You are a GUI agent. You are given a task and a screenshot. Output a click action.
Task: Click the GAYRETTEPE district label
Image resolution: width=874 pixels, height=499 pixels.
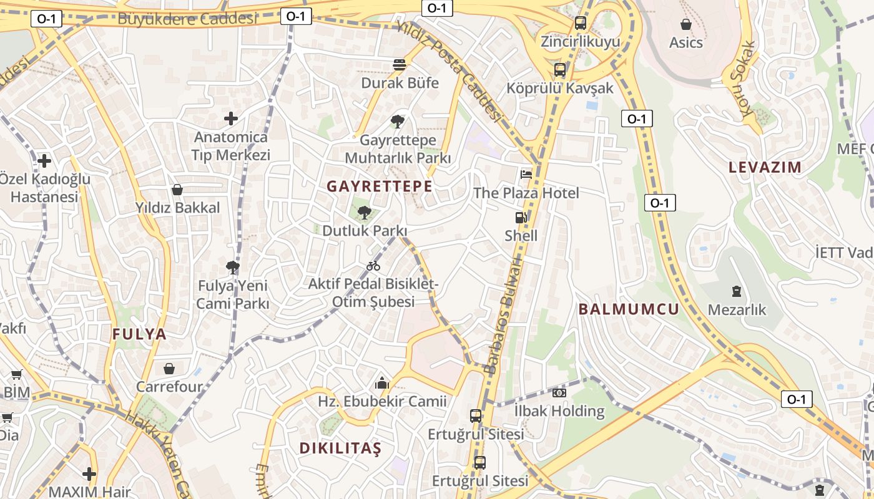(x=380, y=186)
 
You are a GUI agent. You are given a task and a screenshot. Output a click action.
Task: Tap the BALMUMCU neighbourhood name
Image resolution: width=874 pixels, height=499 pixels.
(x=629, y=309)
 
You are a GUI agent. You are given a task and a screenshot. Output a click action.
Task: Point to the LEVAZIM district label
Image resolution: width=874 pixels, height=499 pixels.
(x=765, y=167)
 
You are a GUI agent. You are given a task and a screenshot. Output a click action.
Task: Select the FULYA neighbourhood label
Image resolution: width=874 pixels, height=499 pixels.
(x=140, y=334)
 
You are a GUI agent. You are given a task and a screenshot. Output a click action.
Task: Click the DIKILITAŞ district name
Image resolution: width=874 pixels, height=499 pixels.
(x=340, y=448)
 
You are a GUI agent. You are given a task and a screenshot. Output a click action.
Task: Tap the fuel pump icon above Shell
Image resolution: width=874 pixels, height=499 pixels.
(x=521, y=218)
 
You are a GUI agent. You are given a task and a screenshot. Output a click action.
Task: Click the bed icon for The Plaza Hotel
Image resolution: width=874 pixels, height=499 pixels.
(x=526, y=174)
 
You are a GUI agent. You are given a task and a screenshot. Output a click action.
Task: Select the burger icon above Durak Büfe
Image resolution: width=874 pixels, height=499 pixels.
(x=400, y=64)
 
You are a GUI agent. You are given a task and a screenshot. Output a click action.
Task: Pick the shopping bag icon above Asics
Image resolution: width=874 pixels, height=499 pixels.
(x=685, y=24)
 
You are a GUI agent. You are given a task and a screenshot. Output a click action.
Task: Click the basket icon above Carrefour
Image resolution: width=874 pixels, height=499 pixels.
(x=169, y=369)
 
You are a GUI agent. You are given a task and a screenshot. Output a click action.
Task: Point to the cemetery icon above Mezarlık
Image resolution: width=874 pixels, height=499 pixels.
(x=737, y=291)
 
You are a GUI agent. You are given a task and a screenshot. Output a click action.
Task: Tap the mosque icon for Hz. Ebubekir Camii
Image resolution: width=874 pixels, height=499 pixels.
(x=382, y=383)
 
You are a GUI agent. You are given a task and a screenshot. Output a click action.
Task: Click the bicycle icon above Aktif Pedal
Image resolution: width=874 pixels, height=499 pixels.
(x=373, y=266)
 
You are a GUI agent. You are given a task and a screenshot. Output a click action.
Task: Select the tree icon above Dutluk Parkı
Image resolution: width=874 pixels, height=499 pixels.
(x=364, y=213)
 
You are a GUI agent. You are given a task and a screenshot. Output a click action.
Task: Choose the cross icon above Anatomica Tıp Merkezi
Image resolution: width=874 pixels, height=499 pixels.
(x=231, y=118)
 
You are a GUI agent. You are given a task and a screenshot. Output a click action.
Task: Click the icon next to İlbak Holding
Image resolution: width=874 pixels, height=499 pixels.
(x=559, y=393)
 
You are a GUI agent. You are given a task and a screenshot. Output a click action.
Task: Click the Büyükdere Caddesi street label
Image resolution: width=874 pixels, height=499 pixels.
(x=187, y=18)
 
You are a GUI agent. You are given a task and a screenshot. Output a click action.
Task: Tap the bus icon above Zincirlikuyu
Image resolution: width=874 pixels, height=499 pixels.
(x=581, y=23)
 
